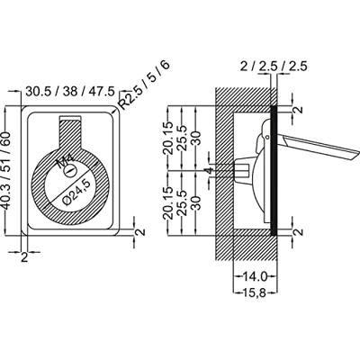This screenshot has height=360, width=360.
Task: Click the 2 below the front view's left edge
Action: tap(24, 257)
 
